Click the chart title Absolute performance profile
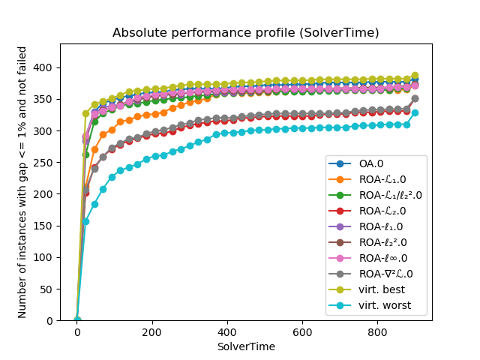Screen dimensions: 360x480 (245, 33)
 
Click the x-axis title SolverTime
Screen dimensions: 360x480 (245, 346)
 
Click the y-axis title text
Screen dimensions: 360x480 (22, 182)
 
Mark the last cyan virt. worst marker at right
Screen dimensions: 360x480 (415, 113)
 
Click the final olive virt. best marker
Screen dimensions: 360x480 (415, 76)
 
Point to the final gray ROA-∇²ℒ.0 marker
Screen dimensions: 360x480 (415, 98)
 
